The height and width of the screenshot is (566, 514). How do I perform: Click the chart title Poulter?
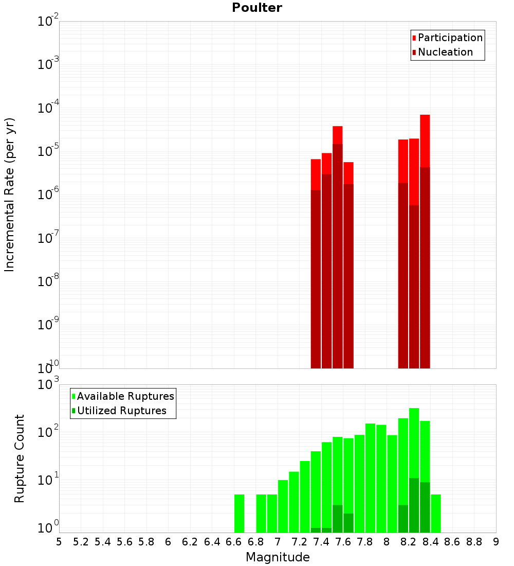(257, 8)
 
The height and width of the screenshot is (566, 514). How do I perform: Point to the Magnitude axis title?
(278, 557)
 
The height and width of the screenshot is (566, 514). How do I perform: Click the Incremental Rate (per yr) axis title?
(10, 194)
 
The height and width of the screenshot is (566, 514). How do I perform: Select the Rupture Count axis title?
(20, 458)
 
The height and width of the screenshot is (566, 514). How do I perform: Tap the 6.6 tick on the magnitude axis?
(234, 542)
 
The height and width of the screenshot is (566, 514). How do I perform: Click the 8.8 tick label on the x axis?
(474, 542)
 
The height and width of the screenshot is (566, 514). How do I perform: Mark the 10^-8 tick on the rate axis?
(48, 281)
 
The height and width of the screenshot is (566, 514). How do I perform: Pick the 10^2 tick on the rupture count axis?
(48, 431)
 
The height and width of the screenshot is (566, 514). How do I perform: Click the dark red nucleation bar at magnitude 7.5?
(337, 257)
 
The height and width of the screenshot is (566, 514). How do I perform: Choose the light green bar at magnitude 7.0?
(283, 506)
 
